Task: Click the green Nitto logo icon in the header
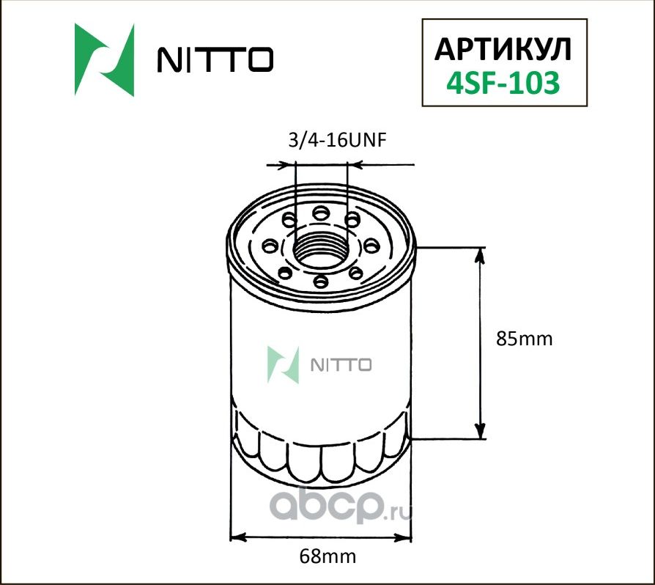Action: tap(105, 59)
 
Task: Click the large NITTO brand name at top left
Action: tap(215, 61)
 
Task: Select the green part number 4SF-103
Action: tap(503, 82)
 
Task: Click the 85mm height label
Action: tap(522, 339)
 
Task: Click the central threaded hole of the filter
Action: tap(321, 248)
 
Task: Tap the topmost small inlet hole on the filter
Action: tap(320, 213)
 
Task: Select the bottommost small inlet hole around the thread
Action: tap(320, 280)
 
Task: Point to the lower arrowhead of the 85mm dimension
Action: tap(481, 432)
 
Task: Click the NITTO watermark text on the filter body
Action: tap(342, 364)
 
